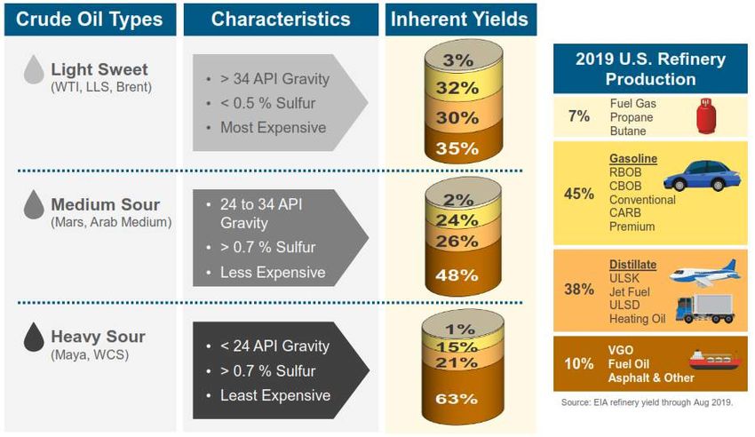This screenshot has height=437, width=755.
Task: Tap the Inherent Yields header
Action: pos(459,19)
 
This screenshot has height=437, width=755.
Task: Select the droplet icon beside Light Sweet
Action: pos(33,70)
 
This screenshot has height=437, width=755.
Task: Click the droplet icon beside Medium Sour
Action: pos(33,205)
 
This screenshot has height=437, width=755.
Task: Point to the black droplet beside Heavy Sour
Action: pos(34,337)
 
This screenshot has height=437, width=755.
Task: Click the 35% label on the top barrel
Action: pos(457,148)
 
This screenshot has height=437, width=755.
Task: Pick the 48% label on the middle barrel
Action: pos(457,274)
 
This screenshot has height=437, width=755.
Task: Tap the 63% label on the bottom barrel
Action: pos(457,399)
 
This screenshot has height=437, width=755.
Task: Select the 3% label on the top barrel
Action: pos(458,60)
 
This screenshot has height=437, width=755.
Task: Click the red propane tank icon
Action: pos(706,116)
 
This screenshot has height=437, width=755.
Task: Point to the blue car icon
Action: pos(702,175)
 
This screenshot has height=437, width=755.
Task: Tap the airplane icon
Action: pos(705,274)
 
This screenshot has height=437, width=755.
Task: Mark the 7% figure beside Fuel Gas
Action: pos(578,116)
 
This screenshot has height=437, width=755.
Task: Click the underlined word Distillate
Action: pos(632,265)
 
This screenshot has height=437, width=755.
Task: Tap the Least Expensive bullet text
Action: pos(274,395)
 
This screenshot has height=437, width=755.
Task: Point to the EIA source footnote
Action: pos(647,402)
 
